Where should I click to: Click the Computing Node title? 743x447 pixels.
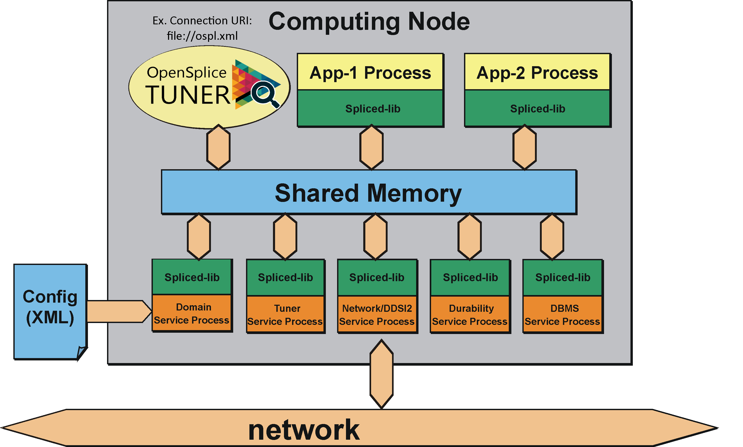369,22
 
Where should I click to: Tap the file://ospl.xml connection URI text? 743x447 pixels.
202,36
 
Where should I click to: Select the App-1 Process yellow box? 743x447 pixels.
370,72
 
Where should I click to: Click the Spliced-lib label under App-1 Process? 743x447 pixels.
372,109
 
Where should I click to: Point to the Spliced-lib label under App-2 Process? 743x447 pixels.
537,109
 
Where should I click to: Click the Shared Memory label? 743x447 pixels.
368,193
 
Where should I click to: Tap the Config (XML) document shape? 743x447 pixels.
50,310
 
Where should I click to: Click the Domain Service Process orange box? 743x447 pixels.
192,313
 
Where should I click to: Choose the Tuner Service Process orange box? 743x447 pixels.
285,314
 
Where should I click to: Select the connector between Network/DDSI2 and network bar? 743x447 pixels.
381,374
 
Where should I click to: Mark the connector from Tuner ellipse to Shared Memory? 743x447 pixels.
219,147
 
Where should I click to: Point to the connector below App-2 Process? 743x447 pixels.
524,147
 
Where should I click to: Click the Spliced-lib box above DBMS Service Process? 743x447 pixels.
562,278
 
